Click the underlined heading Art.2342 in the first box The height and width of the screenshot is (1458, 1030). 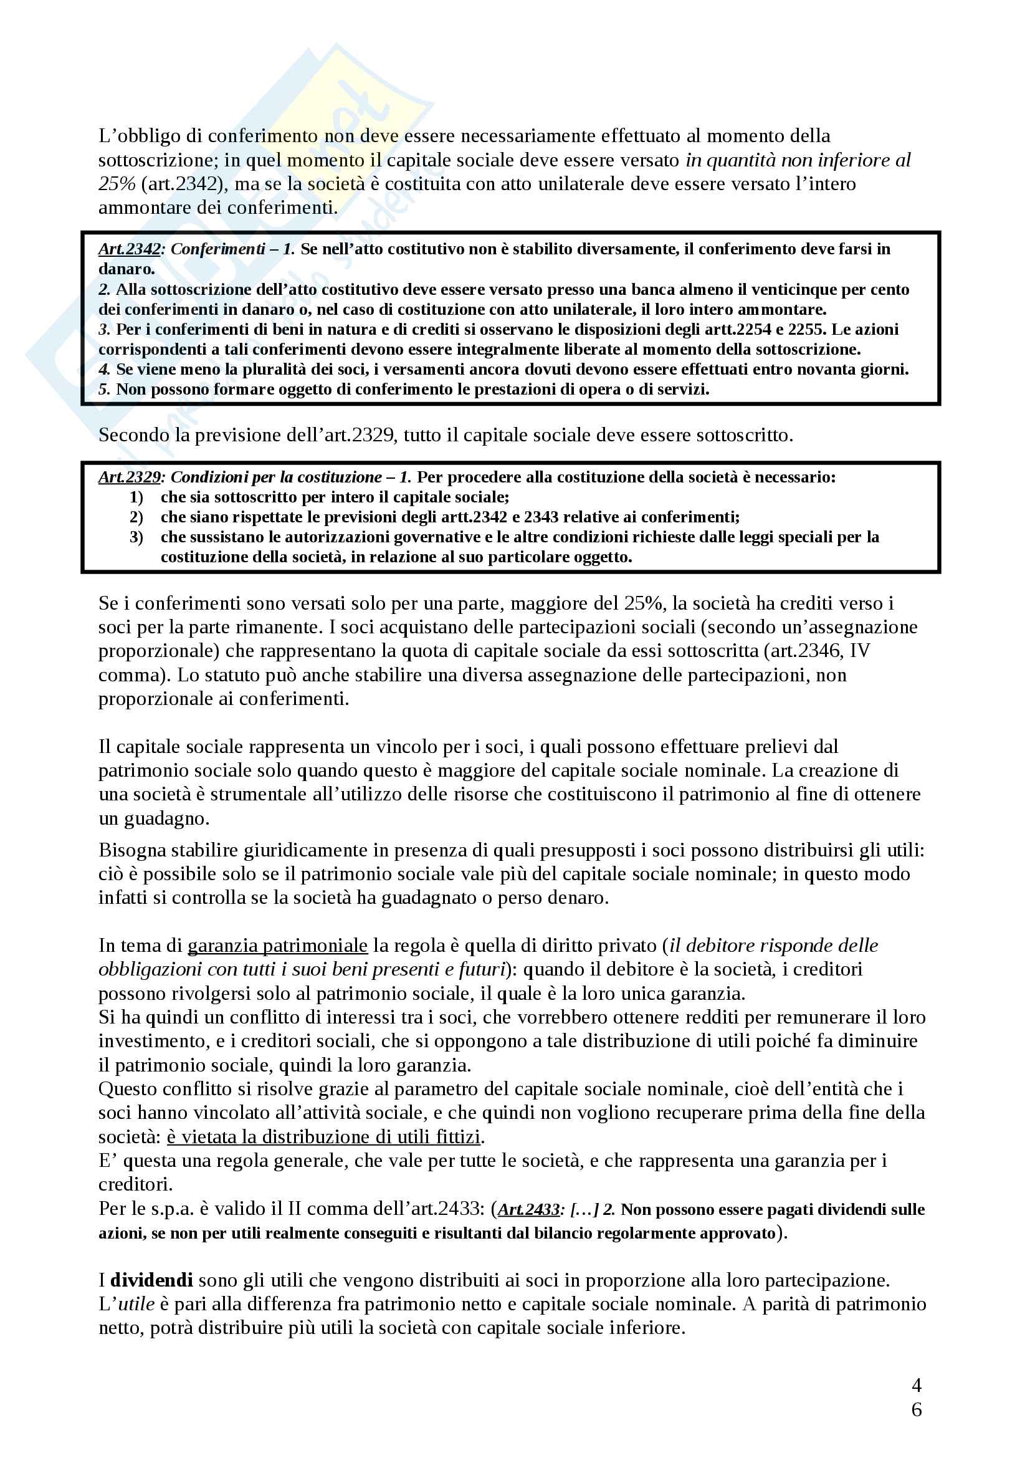point(129,249)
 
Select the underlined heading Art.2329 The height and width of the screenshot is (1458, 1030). point(129,477)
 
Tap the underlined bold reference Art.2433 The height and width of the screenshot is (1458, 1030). point(528,1209)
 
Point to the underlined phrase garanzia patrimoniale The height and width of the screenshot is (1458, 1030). point(277,946)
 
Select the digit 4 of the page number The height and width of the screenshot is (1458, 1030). point(916,1384)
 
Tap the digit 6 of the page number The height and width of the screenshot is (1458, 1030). point(916,1409)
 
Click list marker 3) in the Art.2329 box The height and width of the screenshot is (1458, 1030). point(136,537)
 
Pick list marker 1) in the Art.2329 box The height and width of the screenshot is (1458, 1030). point(136,497)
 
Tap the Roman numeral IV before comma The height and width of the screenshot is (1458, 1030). point(857,651)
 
